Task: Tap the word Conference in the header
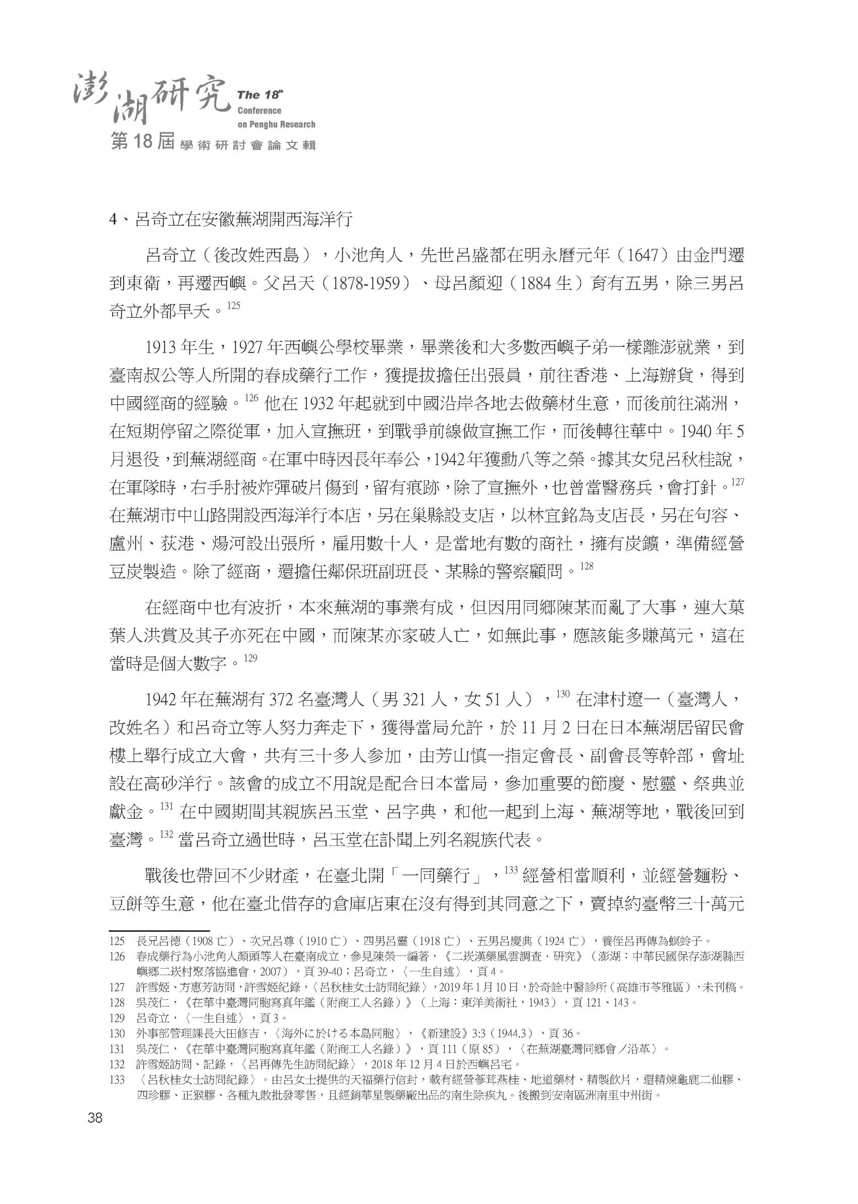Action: point(259,111)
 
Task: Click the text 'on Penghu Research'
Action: point(276,125)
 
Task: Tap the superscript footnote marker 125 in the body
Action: point(233,306)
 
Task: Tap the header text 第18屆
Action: point(142,143)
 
